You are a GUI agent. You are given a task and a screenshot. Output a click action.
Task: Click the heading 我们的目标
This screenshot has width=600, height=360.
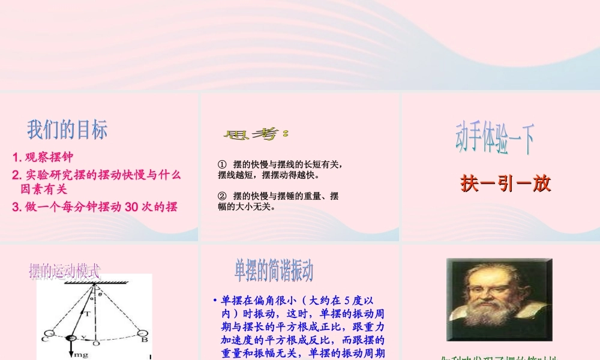67,129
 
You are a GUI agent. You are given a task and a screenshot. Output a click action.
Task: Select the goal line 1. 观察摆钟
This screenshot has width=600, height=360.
43,158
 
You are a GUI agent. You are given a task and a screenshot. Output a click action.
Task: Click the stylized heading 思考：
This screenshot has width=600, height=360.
256,134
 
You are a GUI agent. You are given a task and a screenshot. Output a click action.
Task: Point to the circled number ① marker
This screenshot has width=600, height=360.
222,164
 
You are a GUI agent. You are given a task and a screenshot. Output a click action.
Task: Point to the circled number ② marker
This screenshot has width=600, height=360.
222,196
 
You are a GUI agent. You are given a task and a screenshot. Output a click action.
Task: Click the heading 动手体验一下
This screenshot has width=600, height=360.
494,139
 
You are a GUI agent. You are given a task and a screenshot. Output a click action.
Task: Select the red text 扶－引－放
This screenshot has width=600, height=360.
506,184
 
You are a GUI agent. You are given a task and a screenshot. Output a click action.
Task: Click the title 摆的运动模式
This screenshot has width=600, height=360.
65,271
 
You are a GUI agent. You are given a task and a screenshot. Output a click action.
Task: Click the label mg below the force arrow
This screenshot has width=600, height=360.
81,355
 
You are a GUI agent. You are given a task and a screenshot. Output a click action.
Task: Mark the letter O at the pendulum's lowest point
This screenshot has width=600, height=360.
95,343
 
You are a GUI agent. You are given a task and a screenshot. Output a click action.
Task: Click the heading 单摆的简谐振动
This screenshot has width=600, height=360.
274,271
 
